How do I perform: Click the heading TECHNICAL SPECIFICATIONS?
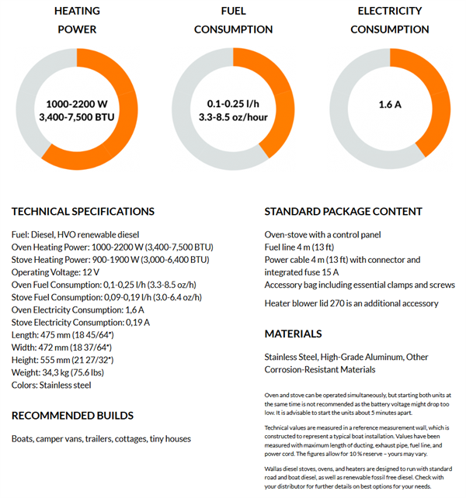pos(83,211)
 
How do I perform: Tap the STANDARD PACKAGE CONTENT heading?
pos(343,211)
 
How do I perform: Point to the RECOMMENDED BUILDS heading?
pos(72,416)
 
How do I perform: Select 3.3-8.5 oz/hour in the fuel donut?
pos(234,117)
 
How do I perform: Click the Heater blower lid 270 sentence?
pos(351,303)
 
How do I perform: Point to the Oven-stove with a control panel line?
pos(323,235)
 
